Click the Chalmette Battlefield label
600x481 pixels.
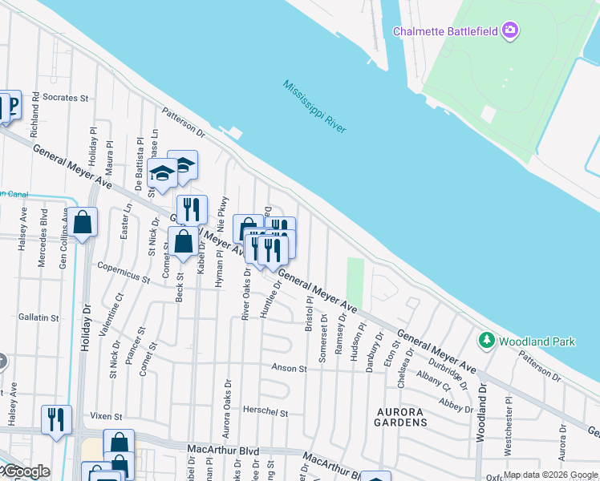[445, 31]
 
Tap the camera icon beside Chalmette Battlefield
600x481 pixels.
[510, 31]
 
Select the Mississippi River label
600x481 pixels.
[314, 106]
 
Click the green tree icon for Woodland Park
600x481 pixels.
[486, 342]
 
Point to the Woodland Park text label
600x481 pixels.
[537, 342]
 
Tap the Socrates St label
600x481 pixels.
[65, 98]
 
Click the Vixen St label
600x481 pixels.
[105, 417]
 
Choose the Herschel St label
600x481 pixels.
[265, 412]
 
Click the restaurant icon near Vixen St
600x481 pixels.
[56, 419]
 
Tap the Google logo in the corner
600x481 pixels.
[26, 471]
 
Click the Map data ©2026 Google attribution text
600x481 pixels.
[551, 475]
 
